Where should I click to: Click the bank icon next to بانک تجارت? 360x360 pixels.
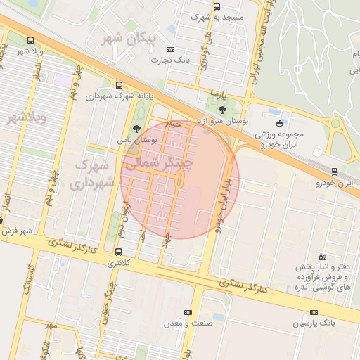tap(169, 50)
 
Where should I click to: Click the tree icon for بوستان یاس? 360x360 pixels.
tap(136, 129)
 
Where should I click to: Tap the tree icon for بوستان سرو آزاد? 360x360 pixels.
tap(222, 110)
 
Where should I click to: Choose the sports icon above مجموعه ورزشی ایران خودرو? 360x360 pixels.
tap(279, 123)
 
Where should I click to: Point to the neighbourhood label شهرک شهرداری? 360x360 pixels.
tap(93, 174)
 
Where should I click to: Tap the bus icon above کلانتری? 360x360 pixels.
tap(117, 252)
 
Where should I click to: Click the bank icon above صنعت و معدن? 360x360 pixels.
tap(187, 312)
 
